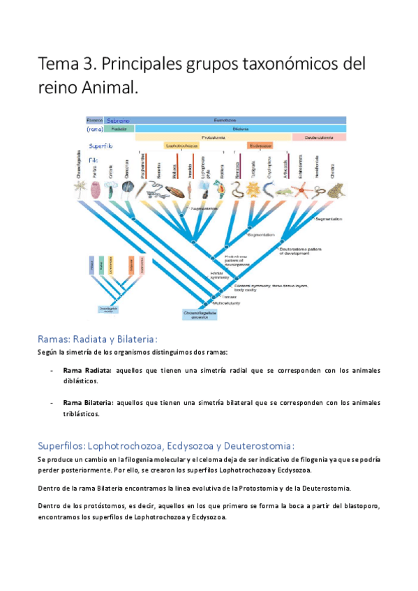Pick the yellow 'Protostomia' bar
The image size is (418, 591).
point(209,137)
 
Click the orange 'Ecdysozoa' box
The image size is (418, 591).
point(259,146)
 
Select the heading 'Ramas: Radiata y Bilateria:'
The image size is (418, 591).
point(102,339)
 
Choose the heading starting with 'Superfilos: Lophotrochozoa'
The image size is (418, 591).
point(167,445)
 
